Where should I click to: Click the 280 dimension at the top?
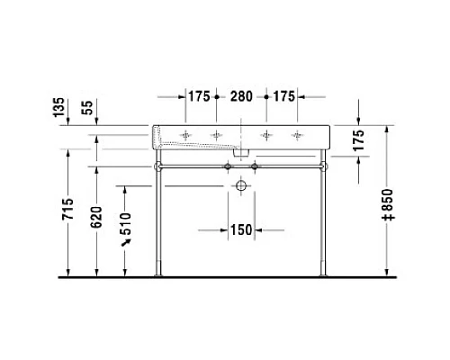pyautogui.click(x=240, y=96)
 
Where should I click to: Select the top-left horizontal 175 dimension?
pyautogui.click(x=200, y=96)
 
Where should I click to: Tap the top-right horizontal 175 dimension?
pyautogui.click(x=283, y=96)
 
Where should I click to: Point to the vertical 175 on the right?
pyautogui.click(x=358, y=142)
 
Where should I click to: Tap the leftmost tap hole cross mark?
pyautogui.click(x=186, y=135)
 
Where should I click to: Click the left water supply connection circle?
pyautogui.click(x=229, y=166)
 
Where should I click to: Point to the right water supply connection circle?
pyautogui.click(x=255, y=166)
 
